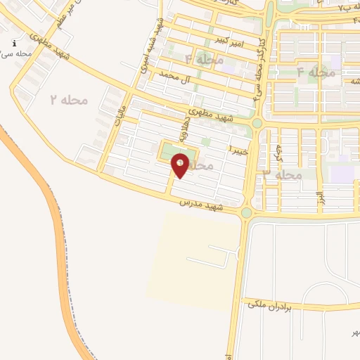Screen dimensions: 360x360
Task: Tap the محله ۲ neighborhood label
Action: pos(69,100)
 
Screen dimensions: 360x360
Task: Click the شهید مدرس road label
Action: pos(200,204)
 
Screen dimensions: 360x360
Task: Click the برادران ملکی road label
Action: pos(267,304)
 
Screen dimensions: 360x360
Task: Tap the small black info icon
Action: pos(15,43)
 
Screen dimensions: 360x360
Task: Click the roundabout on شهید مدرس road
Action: pos(246,212)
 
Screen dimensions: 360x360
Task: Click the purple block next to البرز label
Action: pos(342,173)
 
